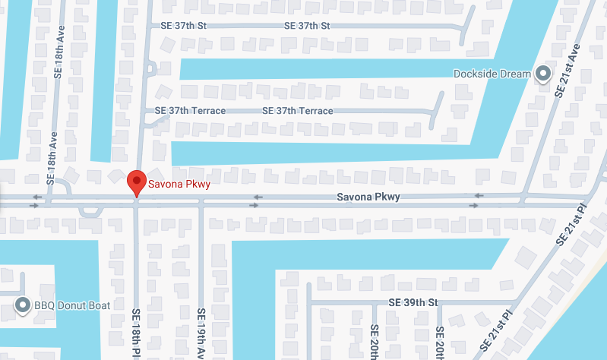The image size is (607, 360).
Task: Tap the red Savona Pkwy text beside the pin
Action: [179, 184]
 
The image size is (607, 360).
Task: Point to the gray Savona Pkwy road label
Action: [368, 197]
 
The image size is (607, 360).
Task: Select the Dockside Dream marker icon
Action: [543, 74]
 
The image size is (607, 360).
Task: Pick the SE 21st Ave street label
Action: [567, 68]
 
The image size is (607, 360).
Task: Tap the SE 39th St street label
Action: [413, 302]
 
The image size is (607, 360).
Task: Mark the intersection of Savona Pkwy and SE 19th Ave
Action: [201, 201]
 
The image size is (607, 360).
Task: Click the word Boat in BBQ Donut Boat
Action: [100, 306]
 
